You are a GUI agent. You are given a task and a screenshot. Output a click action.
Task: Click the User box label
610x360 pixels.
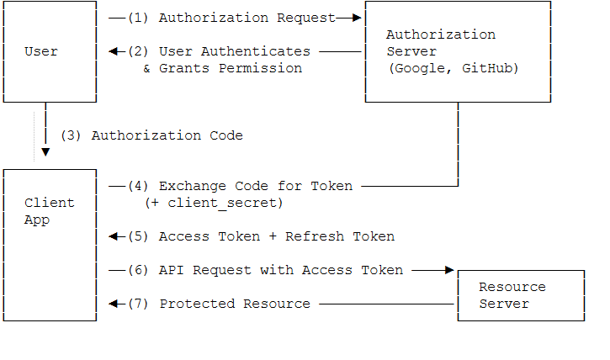(41, 51)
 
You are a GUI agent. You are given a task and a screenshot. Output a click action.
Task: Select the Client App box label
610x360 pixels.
(49, 211)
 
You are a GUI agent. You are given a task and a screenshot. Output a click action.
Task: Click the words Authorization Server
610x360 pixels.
(440, 43)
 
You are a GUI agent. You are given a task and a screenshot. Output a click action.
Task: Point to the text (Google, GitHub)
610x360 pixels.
(453, 68)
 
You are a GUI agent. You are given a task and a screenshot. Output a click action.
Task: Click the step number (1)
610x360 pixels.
(138, 18)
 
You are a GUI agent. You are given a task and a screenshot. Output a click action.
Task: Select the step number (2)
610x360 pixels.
(138, 51)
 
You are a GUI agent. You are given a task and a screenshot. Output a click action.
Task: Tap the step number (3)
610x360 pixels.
(71, 135)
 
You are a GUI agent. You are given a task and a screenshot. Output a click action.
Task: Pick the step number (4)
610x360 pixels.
(138, 186)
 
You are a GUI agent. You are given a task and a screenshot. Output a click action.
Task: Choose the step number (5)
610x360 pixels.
(138, 236)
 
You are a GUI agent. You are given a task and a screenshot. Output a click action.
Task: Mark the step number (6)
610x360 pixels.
(138, 270)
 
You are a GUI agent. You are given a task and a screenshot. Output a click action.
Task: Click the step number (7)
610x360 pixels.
(138, 304)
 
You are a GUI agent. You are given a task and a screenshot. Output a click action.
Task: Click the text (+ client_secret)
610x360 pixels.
(214, 203)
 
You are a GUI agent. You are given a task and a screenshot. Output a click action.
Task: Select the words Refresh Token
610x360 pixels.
(340, 236)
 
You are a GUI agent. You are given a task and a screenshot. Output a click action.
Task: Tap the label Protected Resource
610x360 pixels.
(235, 304)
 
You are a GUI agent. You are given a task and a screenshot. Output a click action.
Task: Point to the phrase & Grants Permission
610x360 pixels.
(222, 68)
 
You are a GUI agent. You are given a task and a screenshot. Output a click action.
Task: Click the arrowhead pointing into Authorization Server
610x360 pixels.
(357, 18)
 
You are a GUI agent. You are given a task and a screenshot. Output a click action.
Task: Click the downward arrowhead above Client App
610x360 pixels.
(45, 152)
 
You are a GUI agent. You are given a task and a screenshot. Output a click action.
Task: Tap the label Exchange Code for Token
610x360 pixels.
(256, 186)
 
